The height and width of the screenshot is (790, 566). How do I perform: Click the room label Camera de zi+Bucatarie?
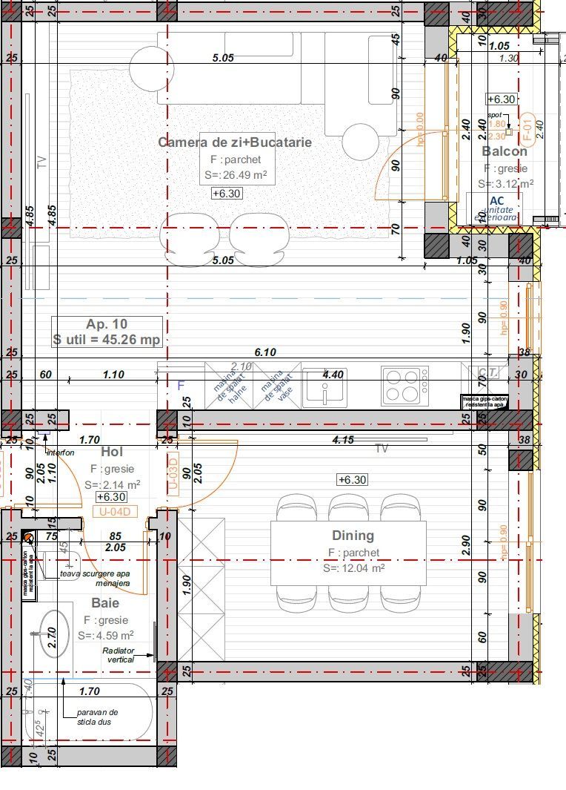click(x=234, y=142)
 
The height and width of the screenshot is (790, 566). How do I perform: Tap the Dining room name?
click(x=353, y=536)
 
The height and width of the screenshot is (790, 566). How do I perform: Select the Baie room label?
click(x=105, y=603)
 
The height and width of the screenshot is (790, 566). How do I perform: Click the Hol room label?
click(x=111, y=452)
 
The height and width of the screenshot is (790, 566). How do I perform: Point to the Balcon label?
click(x=505, y=151)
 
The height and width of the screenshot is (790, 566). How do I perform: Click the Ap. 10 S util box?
click(x=107, y=332)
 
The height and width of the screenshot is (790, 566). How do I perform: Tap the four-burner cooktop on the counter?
click(x=404, y=385)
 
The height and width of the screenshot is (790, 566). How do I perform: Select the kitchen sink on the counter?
click(x=327, y=387)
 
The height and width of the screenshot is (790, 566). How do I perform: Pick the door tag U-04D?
click(x=115, y=511)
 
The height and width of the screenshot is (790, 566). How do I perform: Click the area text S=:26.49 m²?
click(x=236, y=176)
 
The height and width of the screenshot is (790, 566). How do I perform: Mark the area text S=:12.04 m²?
click(x=353, y=568)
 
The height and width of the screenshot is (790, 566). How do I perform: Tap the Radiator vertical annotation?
click(x=119, y=654)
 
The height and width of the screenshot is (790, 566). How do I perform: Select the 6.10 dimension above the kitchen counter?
click(x=264, y=352)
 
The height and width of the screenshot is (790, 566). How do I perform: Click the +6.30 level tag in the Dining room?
click(x=352, y=480)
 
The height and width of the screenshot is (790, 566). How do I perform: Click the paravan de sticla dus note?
click(x=97, y=717)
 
